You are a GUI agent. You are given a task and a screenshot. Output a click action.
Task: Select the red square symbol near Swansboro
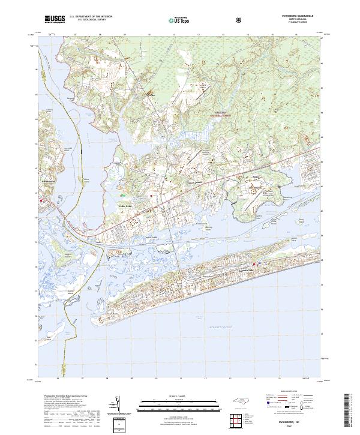point(41,201)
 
